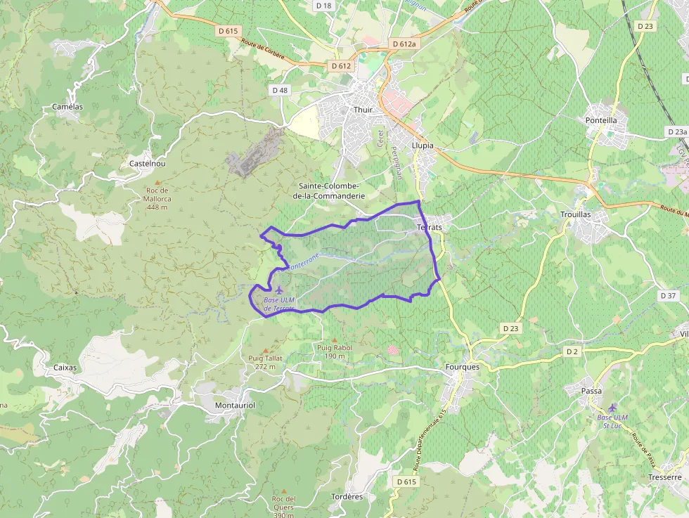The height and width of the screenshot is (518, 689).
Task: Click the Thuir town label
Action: coord(363,110)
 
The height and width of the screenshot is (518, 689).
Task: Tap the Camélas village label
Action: coord(67,107)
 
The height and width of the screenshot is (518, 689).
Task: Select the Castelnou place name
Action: coord(147,163)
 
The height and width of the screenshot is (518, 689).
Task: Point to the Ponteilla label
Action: coord(601,120)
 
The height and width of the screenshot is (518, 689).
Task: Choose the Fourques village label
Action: coord(463,367)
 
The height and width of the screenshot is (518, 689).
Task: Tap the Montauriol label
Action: coord(234,406)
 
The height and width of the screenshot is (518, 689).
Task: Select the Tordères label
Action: coord(347,496)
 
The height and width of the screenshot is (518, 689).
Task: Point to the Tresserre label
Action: coord(664,477)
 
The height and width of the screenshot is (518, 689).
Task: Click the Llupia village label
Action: coord(423,145)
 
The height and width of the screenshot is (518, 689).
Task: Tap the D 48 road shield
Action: coord(280,90)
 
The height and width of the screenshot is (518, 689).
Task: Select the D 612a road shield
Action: coord(404,44)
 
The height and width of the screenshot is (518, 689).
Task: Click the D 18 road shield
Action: coord(323,5)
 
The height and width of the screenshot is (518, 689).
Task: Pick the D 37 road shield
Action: coord(669,296)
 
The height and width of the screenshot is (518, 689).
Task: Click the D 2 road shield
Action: coord(571,351)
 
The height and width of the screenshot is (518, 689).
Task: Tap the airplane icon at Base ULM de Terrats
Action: coord(280,290)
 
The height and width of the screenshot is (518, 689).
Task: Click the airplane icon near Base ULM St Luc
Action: coord(612,407)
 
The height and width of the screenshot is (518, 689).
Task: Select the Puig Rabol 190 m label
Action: coord(334,351)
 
